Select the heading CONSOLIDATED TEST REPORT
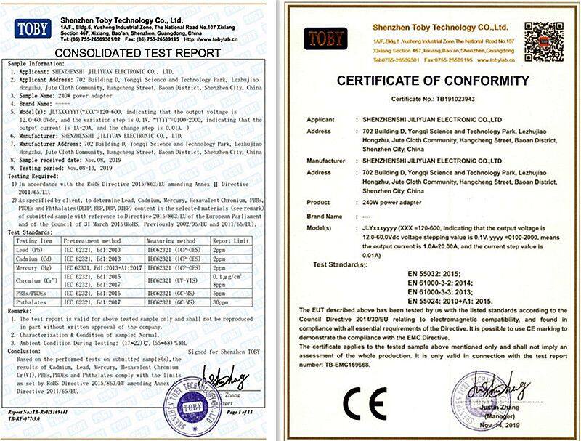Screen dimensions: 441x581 click(x=137, y=53)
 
